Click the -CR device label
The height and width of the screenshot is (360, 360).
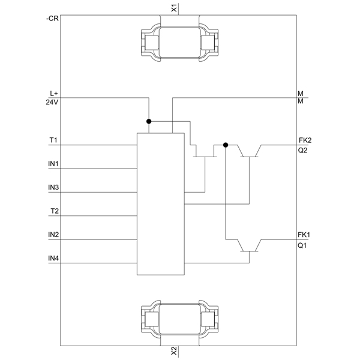52,19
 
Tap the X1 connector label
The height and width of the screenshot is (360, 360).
174,9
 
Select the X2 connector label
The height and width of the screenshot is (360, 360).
174,351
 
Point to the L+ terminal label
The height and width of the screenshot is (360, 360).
54,94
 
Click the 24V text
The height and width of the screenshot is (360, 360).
52,103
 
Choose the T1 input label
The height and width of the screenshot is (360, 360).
53,140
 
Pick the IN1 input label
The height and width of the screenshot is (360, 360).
53,164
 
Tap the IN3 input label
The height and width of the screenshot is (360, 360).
53,187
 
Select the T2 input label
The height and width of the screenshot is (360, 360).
55,211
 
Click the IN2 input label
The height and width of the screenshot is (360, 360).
53,235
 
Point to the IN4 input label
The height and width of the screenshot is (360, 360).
53,258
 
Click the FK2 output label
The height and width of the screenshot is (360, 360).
305,140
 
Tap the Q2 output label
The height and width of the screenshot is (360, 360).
302,151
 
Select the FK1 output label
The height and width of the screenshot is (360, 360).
304,235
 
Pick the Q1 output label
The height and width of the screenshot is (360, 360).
302,245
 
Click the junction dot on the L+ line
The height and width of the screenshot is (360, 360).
149,121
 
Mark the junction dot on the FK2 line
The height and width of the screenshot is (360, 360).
226,145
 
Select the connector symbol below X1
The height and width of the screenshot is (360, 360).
180,43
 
